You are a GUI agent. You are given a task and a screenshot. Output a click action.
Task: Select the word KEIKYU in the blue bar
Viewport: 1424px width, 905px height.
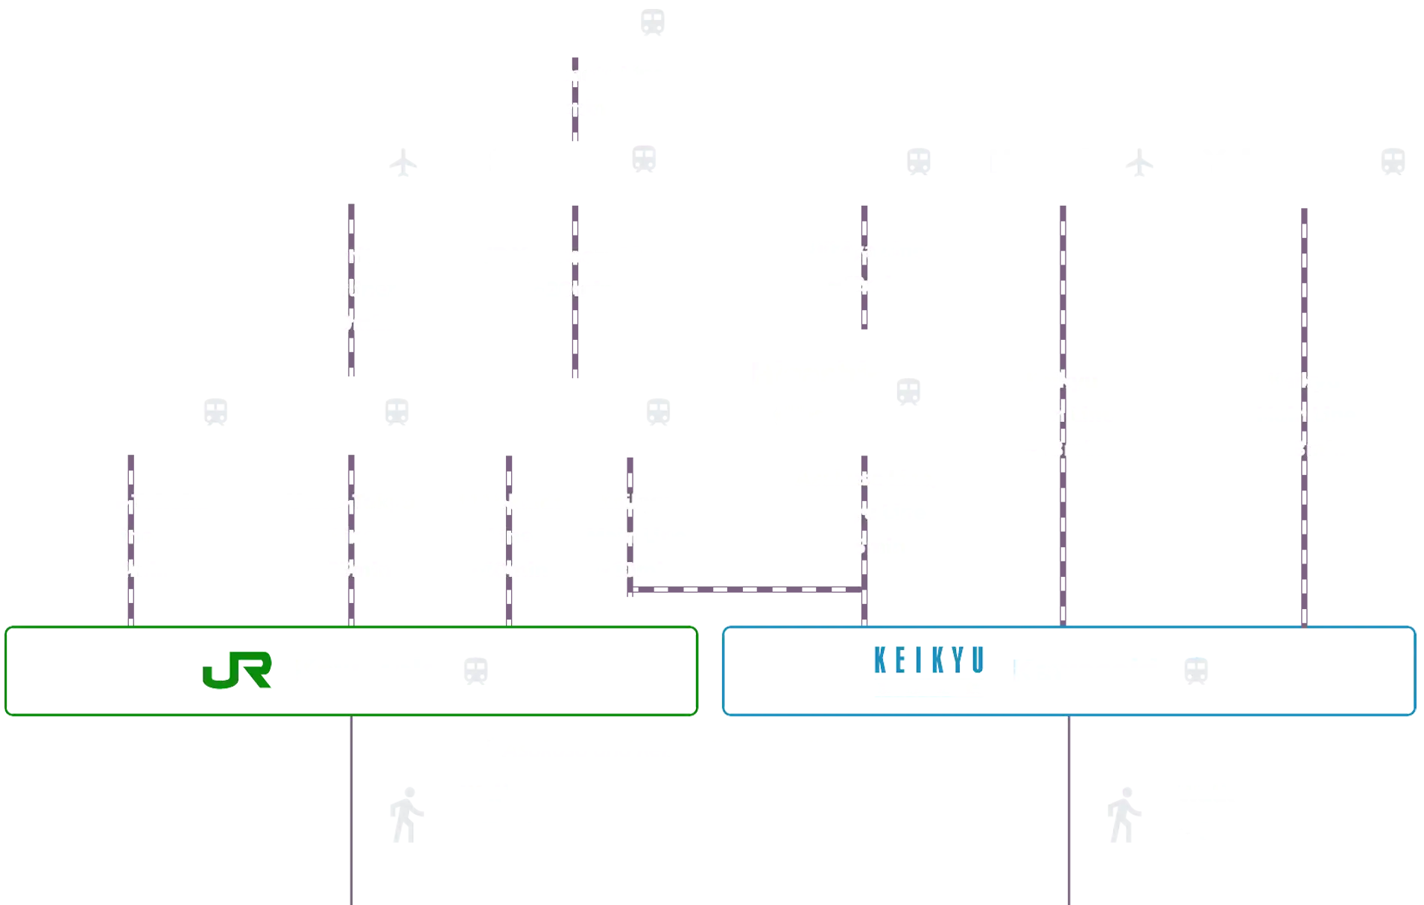(928, 661)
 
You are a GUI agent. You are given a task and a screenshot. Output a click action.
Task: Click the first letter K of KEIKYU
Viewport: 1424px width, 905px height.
(880, 661)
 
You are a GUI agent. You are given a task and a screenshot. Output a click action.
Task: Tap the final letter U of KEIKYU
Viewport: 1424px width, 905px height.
(976, 661)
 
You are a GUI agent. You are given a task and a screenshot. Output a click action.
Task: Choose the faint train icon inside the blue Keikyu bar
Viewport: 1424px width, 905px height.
(1195, 670)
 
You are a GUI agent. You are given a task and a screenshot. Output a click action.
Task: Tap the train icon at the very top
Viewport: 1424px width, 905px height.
(653, 21)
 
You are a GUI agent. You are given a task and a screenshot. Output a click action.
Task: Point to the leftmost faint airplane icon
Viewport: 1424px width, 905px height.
(402, 162)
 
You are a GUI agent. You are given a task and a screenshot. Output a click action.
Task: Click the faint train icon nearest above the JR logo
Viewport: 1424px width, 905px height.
(215, 411)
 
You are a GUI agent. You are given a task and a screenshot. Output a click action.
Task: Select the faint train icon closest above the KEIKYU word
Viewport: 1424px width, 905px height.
(908, 391)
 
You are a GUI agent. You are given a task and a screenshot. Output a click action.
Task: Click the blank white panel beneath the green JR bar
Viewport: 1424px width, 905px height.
(175, 809)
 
